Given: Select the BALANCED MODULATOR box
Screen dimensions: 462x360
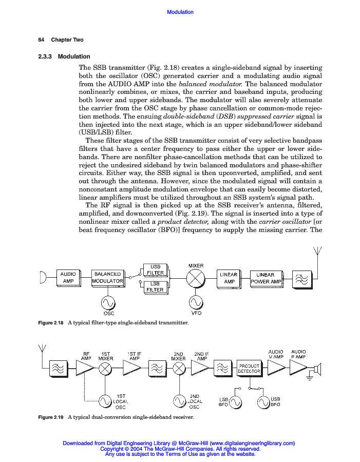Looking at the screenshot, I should (107, 278).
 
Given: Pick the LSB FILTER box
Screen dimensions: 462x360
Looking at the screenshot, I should (155, 286).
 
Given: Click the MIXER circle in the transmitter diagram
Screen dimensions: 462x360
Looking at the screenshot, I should (196, 279).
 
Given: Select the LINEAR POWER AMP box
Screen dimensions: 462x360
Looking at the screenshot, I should (266, 278).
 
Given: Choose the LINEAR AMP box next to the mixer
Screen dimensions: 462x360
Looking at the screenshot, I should (229, 278).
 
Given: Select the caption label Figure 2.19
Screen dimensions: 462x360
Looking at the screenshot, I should (51, 417).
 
